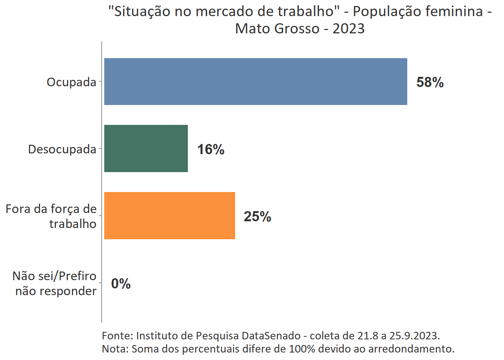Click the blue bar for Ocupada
pyautogui.click(x=255, y=81)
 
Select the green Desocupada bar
pyautogui.click(x=146, y=148)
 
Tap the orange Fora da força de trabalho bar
pyautogui.click(x=169, y=216)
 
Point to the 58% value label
pyautogui.click(x=430, y=82)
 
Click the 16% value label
pyautogui.click(x=211, y=149)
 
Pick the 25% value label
pyautogui.click(x=257, y=216)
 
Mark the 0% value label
pyautogui.click(x=121, y=283)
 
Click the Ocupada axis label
pyautogui.click(x=71, y=82)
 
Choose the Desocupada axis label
pyautogui.click(x=62, y=149)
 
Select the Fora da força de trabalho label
pyautogui.click(x=51, y=216)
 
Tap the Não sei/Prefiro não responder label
pyautogui.click(x=55, y=283)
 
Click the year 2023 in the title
pyautogui.click(x=348, y=28)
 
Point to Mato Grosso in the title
pyautogui.click(x=277, y=28)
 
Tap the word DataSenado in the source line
pyautogui.click(x=271, y=335)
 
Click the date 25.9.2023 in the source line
pyautogui.click(x=414, y=335)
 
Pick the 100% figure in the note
pyautogui.click(x=302, y=348)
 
